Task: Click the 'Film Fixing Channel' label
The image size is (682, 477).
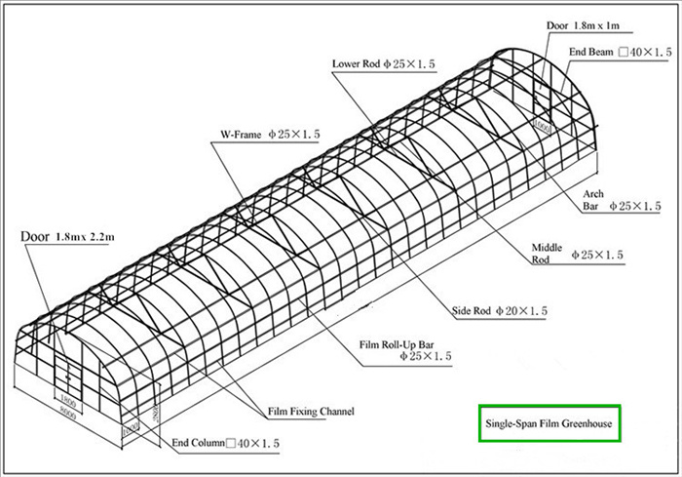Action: [311, 411]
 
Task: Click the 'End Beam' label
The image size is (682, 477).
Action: [590, 52]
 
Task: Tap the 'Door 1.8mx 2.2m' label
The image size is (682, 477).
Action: [67, 236]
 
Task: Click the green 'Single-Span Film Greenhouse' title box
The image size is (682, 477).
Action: [549, 424]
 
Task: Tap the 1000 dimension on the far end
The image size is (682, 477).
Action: [542, 125]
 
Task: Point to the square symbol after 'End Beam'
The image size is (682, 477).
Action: [623, 52]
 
